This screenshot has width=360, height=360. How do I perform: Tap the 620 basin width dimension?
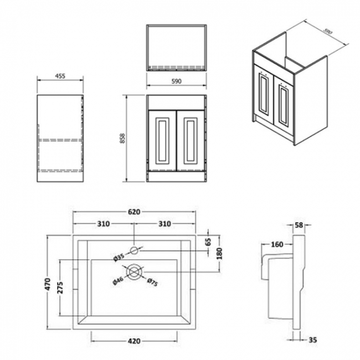(134, 211)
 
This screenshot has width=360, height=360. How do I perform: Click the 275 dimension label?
(62, 287)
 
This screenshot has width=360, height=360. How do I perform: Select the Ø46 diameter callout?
(119, 279)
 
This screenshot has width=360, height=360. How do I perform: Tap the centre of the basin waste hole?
(133, 271)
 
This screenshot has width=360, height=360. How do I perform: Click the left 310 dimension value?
(103, 224)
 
